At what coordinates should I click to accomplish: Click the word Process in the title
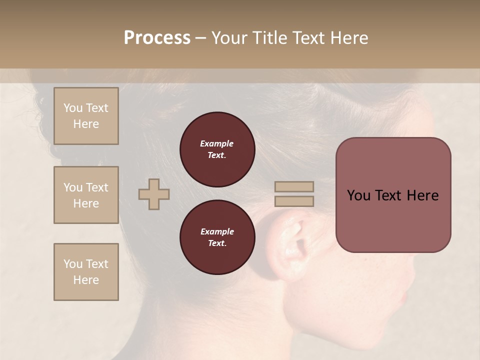(157, 38)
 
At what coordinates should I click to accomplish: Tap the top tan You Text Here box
(86, 116)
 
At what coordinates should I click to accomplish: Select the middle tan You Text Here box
(86, 195)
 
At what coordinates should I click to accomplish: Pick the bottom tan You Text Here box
(86, 272)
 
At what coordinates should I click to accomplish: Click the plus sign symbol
(154, 194)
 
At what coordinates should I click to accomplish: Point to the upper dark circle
(217, 149)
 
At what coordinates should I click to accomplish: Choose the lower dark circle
(217, 237)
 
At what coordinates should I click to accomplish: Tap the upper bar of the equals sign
(294, 186)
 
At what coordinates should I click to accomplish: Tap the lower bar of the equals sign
(294, 201)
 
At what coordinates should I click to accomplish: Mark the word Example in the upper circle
(216, 144)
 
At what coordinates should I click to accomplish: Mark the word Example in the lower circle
(217, 232)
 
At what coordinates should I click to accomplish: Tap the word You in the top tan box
(73, 108)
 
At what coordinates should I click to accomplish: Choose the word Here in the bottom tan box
(86, 280)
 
